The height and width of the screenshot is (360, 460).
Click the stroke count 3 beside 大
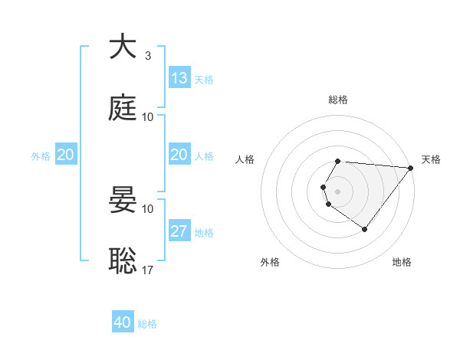pos(147,56)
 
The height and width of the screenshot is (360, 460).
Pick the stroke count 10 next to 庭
pos(148,116)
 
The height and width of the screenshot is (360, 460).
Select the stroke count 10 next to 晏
pos(148,208)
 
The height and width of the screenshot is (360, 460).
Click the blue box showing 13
pos(179,78)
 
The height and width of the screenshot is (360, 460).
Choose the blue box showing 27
pos(179,231)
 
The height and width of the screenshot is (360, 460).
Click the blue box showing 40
pos(123,322)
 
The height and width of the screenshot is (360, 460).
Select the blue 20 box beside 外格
pos(65,155)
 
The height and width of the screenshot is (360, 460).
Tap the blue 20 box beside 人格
pos(179,155)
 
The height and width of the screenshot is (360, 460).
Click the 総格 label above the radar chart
pos(338,100)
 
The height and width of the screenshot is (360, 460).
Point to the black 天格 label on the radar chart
pos(432,159)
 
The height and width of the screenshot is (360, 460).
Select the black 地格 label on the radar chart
pos(402,262)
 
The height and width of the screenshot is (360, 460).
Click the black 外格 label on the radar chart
pos(270,262)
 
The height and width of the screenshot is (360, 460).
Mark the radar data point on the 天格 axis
pos(411,168)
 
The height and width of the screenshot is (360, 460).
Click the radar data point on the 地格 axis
pos(364,229)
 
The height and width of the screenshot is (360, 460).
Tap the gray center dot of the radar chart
pos(338,191)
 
